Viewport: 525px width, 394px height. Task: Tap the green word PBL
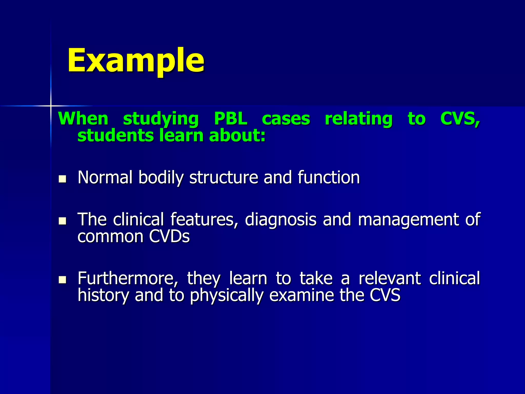pos(230,119)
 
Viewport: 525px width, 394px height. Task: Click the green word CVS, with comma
pos(460,119)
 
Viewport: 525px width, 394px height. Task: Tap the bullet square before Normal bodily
pos(62,179)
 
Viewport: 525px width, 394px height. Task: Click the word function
pos(329,178)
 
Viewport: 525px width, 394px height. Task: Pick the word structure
pos(224,178)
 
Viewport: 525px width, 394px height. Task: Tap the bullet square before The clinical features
pos(62,221)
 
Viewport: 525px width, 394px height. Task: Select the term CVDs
pos(169,237)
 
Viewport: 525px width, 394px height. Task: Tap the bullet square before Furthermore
pos(62,280)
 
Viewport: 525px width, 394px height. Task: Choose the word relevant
pos(390,279)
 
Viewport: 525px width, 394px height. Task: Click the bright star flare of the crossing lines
pos(51,106)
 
